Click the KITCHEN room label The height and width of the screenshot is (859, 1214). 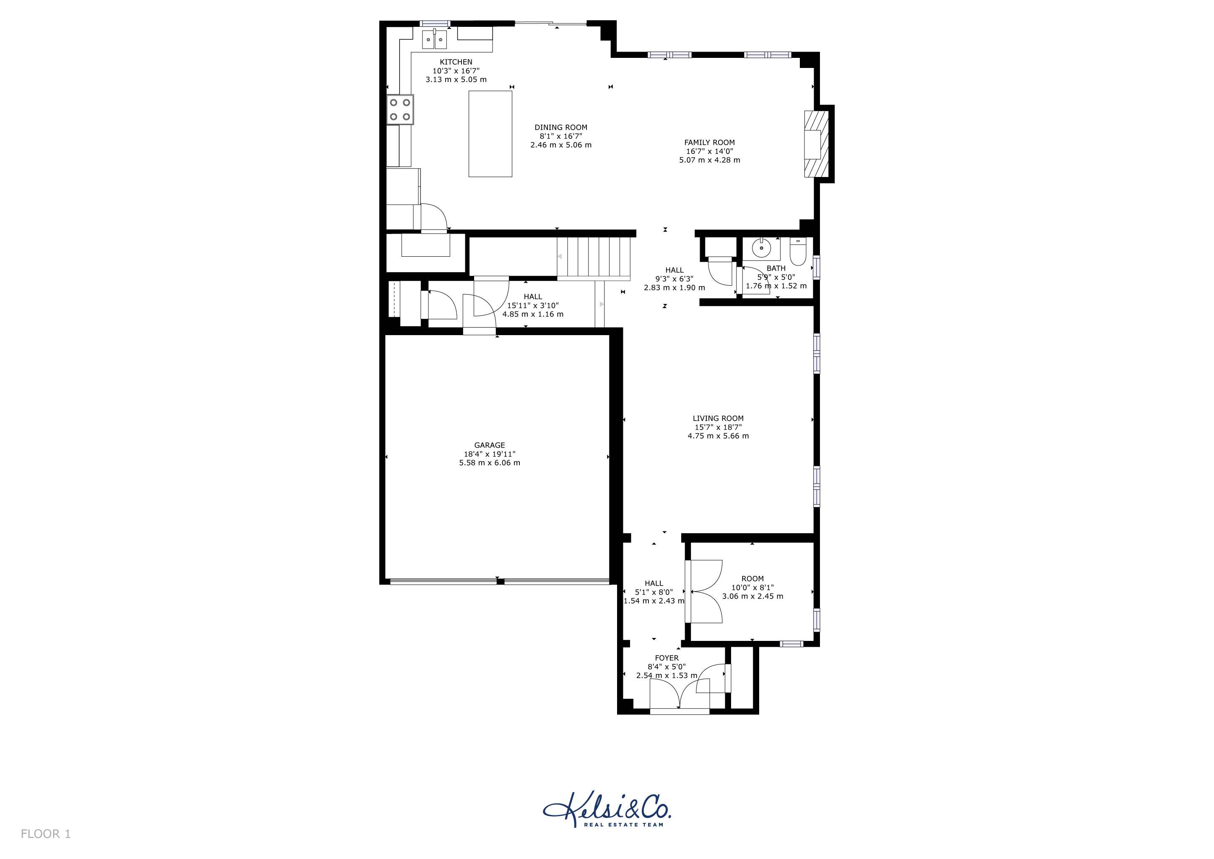pyautogui.click(x=456, y=62)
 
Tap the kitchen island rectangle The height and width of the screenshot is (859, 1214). pyautogui.click(x=490, y=133)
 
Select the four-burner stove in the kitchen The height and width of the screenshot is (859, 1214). pyautogui.click(x=400, y=109)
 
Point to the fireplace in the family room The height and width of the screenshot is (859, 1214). pyautogui.click(x=816, y=144)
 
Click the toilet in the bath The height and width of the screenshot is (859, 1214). pyautogui.click(x=797, y=252)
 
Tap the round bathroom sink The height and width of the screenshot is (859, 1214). pyautogui.click(x=761, y=247)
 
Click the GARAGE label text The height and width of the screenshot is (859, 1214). pyautogui.click(x=490, y=445)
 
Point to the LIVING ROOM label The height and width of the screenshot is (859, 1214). pyautogui.click(x=718, y=419)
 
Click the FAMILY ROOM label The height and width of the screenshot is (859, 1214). pyautogui.click(x=710, y=142)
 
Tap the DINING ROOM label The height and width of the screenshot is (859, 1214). pyautogui.click(x=561, y=128)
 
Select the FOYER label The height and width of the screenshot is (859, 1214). pyautogui.click(x=667, y=658)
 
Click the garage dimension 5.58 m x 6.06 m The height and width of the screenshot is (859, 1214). pyautogui.click(x=490, y=463)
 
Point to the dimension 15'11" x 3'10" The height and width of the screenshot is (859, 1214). pyautogui.click(x=533, y=305)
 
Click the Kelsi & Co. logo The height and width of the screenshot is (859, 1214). pyautogui.click(x=607, y=809)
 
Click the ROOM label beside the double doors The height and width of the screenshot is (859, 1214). pyautogui.click(x=752, y=579)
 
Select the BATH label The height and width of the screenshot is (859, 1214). pyautogui.click(x=776, y=268)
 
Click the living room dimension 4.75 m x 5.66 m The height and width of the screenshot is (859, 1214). pyautogui.click(x=718, y=436)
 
